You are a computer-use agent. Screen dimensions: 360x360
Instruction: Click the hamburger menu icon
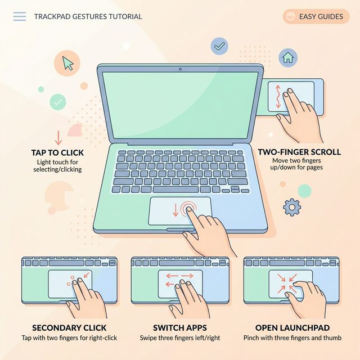pos(19,16)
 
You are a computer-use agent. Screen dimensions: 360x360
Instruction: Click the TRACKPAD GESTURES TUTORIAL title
pos(88,16)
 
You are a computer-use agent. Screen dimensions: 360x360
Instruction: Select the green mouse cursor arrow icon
pos(69,62)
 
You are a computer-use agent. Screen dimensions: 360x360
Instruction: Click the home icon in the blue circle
pos(288,56)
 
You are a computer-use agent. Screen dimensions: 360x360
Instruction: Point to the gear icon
pos(291,207)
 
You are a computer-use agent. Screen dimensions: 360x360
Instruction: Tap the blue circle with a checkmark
pos(219,46)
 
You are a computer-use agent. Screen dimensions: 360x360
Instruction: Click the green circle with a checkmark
pos(57,102)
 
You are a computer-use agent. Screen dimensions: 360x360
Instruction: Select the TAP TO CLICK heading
pos(57,153)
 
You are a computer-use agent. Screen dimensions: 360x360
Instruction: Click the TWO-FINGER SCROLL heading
pos(299,151)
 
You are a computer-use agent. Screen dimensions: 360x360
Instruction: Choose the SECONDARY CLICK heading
pos(69,327)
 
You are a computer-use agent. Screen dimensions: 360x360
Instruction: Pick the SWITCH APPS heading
pos(179,327)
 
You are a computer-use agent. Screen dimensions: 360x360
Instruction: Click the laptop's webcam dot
pos(180,69)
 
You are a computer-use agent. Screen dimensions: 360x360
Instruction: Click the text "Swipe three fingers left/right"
pos(179,337)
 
